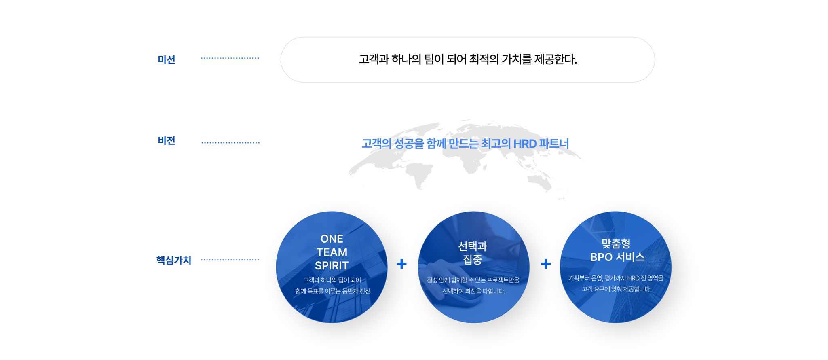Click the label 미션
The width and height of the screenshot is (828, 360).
point(167,59)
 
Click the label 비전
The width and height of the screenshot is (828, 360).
point(167,140)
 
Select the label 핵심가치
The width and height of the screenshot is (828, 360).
point(174,260)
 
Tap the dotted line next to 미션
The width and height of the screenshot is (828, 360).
point(230,58)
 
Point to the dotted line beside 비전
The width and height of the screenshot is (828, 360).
point(230,143)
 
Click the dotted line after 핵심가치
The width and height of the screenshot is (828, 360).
point(230,260)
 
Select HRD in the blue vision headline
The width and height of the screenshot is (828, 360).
point(525,144)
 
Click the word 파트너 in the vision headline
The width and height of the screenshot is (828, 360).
point(554,144)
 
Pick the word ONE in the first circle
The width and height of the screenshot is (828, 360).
point(332,239)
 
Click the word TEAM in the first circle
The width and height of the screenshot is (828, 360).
point(332,252)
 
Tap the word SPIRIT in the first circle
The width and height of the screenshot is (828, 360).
point(332,265)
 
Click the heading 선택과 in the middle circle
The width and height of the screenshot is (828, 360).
point(473,246)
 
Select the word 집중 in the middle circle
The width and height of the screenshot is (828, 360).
point(473,259)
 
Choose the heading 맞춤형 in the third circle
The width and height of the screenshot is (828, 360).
point(616,243)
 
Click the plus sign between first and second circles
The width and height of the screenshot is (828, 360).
point(401,264)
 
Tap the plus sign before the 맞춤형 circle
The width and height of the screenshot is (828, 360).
point(546,264)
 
